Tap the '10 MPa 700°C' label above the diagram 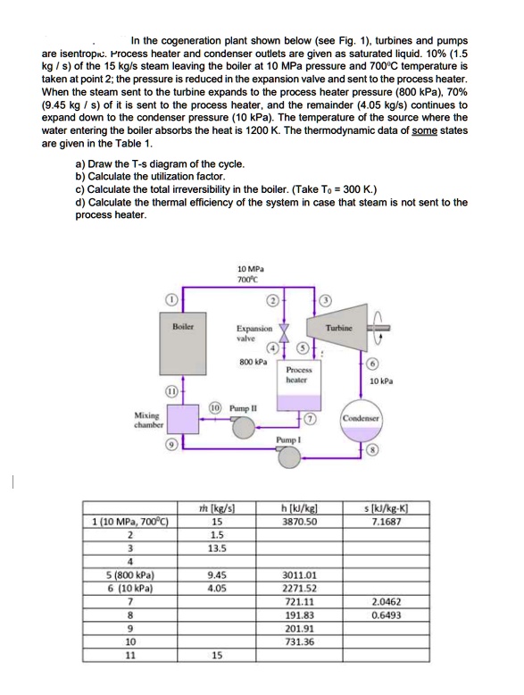(249, 274)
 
